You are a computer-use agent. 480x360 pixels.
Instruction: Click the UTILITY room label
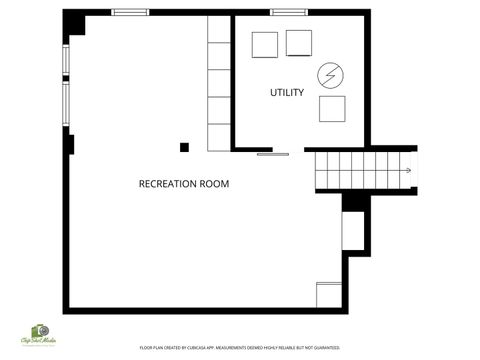pos(287,93)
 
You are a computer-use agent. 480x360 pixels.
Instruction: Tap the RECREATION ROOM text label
pos(184,184)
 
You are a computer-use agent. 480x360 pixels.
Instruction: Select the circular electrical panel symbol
pos(330,75)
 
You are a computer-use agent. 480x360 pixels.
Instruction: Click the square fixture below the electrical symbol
pos(332,108)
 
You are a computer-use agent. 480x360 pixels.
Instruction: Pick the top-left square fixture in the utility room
pos(264,45)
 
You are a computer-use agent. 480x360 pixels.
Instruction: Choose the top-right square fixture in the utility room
pos(299,43)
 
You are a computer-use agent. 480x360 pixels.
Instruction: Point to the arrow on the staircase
pos(407,170)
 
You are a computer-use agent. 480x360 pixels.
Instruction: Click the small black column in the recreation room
pos(184,148)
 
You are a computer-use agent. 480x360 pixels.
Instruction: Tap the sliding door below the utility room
pos(273,154)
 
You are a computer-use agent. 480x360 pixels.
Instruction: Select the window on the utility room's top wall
pos(289,12)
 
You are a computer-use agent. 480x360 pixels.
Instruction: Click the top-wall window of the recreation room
pos(130,12)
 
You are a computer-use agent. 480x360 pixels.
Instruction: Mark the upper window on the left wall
pos(66,61)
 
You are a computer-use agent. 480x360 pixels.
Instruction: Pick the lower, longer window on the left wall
pos(66,106)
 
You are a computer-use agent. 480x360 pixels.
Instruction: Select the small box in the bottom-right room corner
pos(329,295)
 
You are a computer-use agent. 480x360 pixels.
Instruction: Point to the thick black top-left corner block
pos(72,24)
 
